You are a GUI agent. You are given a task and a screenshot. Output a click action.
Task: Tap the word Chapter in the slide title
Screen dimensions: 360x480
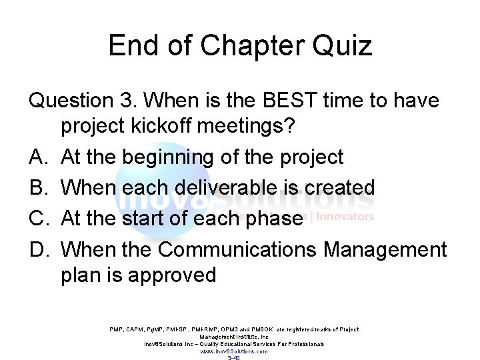coord(241,47)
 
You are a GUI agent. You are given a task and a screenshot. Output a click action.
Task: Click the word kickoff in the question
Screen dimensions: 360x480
coord(169,129)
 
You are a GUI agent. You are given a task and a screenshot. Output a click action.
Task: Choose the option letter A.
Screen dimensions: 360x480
coord(38,157)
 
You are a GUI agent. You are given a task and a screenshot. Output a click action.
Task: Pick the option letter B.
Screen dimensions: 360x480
coord(38,187)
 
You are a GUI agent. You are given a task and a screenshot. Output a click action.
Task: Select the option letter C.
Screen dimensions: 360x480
coord(38,217)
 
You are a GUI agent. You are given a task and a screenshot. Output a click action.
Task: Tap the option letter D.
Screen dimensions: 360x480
coord(38,250)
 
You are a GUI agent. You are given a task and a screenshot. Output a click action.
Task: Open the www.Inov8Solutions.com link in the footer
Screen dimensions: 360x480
coord(234,351)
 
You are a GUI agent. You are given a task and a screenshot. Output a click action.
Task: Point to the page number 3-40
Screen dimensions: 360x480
coord(234,357)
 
